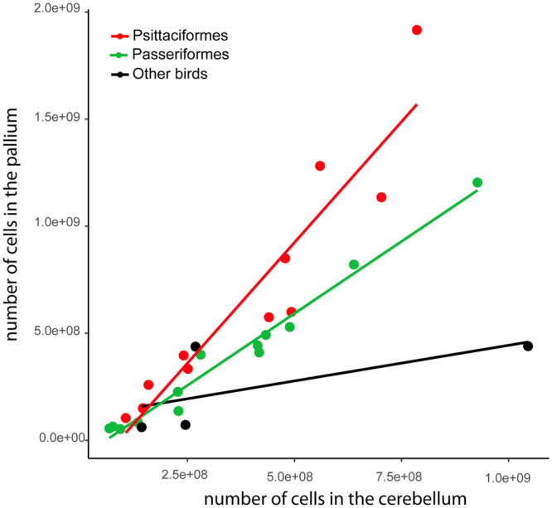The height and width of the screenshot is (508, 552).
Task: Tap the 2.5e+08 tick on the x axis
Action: tap(185, 475)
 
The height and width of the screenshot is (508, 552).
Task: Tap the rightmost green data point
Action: tap(477, 182)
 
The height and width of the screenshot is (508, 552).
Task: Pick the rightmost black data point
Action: tap(528, 346)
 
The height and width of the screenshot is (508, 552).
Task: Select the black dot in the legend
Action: tap(121, 74)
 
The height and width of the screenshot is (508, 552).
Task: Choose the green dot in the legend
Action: tap(121, 55)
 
